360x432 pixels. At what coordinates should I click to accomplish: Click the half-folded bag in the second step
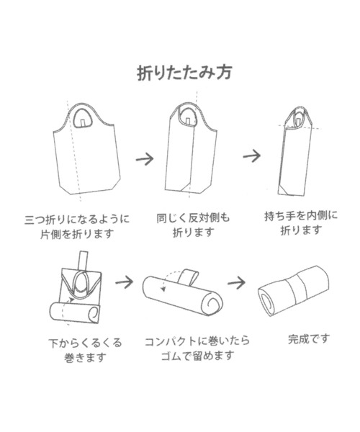[x=189, y=155]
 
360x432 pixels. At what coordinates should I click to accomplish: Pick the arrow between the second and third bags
[x=251, y=156]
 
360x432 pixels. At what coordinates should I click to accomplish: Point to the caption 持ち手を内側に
[x=301, y=215]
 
